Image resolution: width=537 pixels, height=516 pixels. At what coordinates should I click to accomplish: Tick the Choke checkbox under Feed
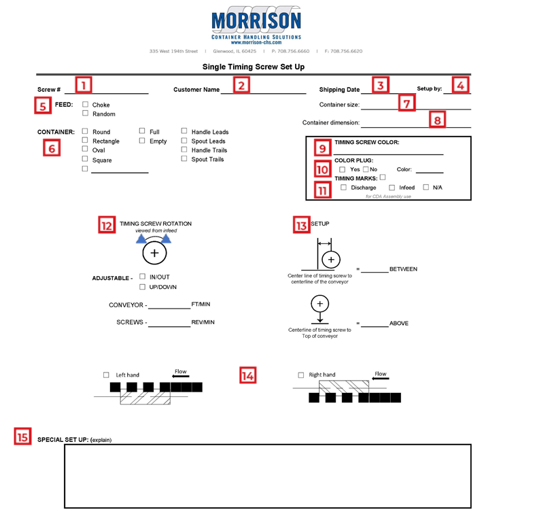85,105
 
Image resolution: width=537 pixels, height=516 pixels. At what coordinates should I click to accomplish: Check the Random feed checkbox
85,114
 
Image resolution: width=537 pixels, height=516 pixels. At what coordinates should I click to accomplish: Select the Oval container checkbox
85,150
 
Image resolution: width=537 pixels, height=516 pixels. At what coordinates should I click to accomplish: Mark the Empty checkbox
142,141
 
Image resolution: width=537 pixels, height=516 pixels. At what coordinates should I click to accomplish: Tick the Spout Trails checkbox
184,158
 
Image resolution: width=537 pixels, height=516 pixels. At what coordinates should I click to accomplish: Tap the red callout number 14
248,375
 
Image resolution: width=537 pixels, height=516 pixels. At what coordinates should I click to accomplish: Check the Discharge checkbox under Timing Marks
343,187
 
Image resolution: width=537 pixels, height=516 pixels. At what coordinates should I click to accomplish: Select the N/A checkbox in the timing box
426,187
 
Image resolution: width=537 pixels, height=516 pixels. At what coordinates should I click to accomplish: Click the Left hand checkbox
106,375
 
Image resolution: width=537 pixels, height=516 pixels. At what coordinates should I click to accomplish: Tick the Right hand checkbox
301,375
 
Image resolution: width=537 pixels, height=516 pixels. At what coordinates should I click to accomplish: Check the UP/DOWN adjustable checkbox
142,286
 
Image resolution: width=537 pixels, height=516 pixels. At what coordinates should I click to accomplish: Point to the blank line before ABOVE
374,325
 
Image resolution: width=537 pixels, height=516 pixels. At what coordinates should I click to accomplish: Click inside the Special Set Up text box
267,476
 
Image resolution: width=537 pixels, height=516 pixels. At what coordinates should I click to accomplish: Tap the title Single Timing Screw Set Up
253,67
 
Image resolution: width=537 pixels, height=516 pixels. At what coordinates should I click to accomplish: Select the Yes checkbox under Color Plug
342,169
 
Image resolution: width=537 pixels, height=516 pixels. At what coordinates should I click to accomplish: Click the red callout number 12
107,224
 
